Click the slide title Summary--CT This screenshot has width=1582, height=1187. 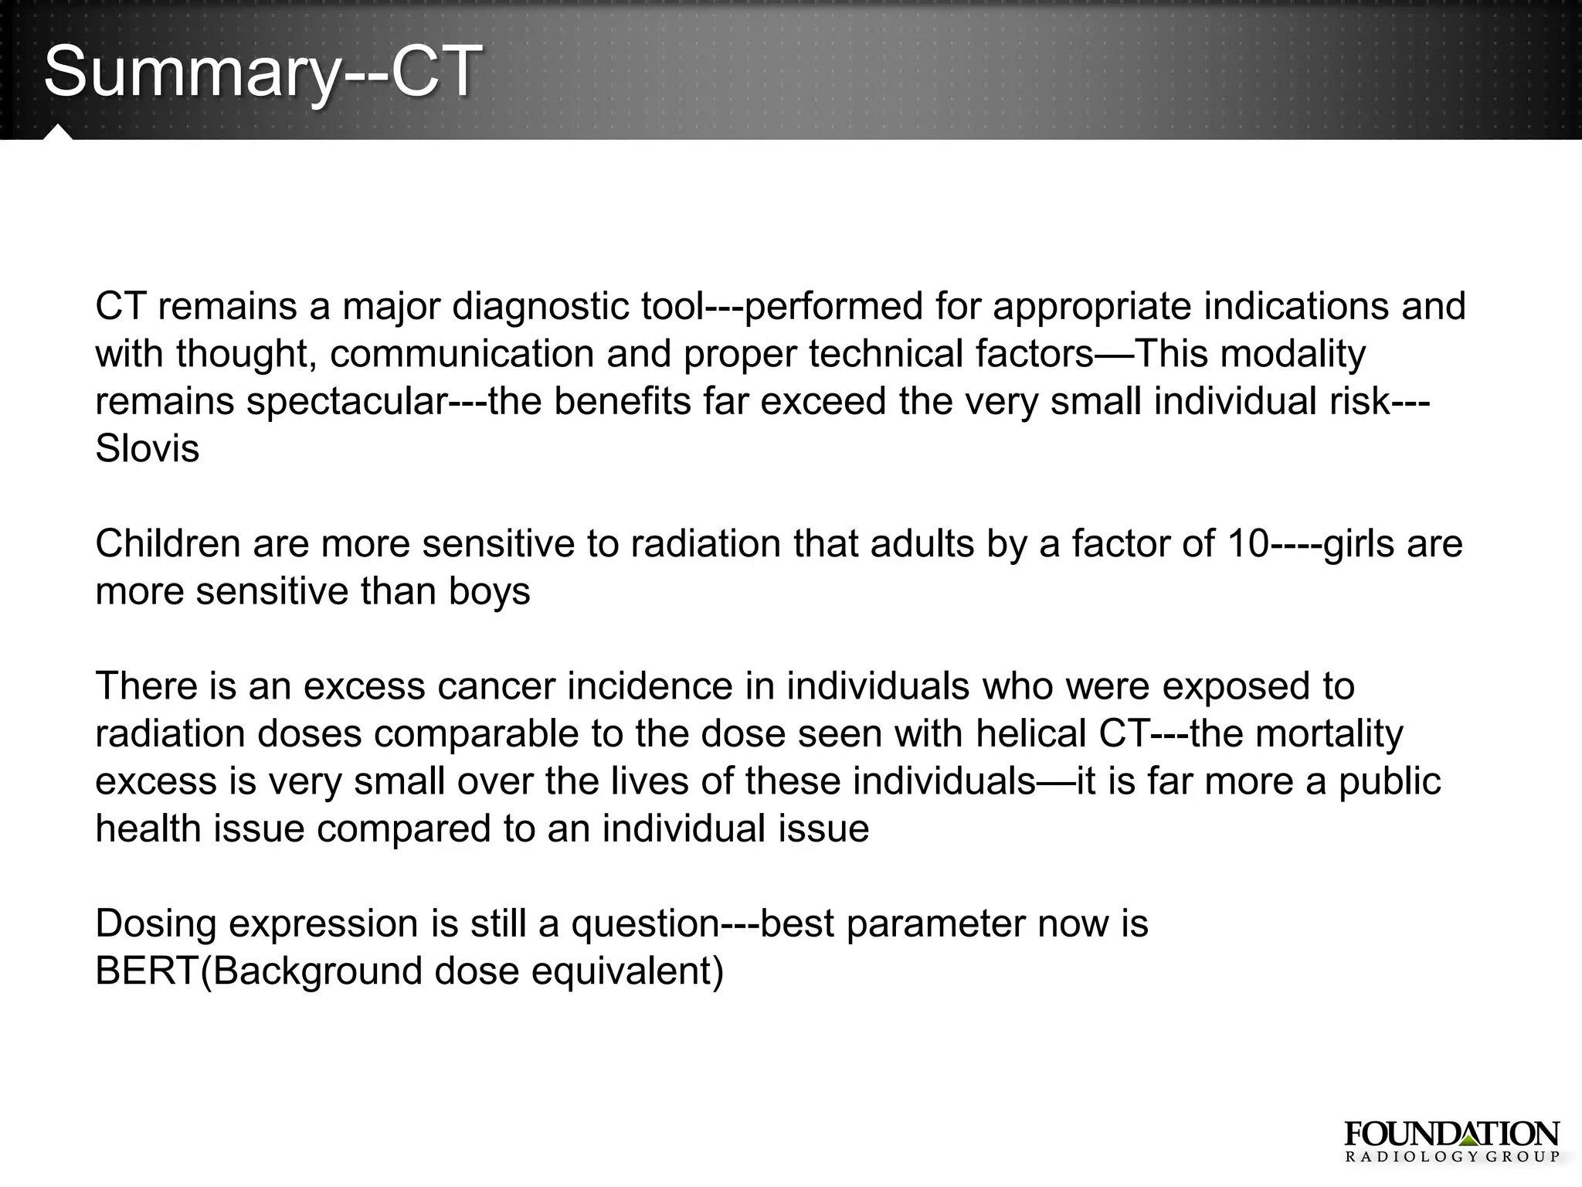pos(263,71)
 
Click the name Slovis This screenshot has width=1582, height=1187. pos(147,449)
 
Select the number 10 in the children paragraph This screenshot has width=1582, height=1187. pos(1248,544)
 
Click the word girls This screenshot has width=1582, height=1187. pos(1360,544)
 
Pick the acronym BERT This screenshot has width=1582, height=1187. pos(147,971)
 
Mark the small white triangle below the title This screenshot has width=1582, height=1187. pos(58,132)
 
